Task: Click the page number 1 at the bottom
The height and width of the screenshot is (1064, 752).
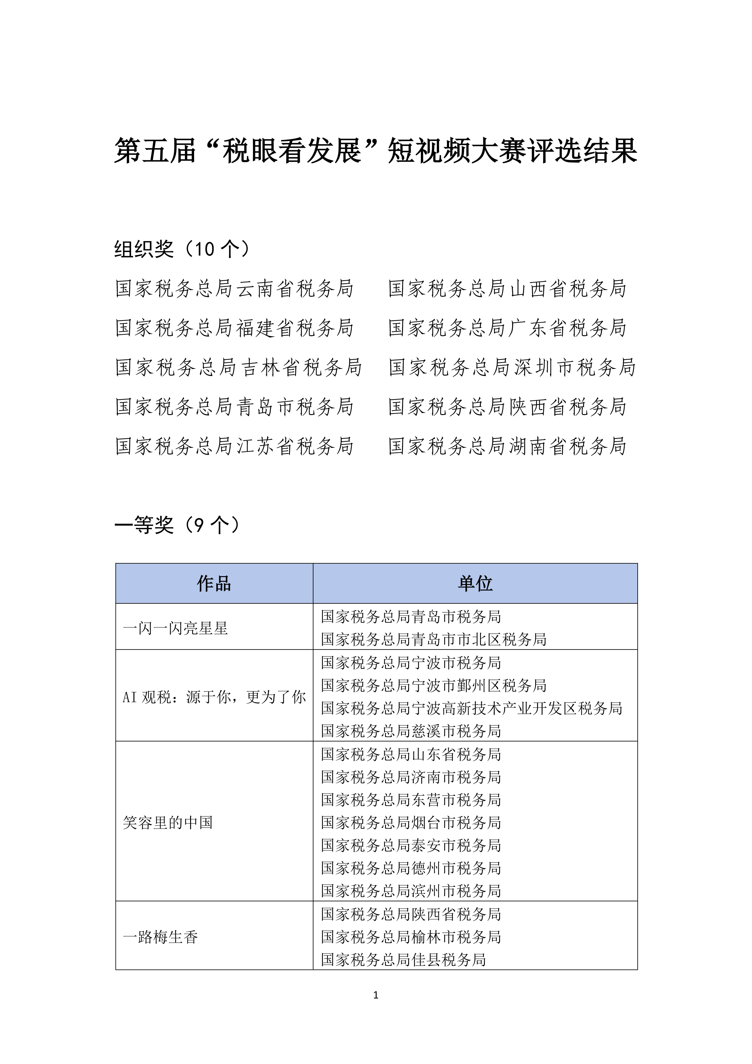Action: (x=375, y=995)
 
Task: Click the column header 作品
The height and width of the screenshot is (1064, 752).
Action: (x=214, y=583)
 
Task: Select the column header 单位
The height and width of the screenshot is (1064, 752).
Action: (x=475, y=583)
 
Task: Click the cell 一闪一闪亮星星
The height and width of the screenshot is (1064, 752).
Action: (x=176, y=628)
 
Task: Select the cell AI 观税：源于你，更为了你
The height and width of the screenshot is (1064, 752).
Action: (x=214, y=697)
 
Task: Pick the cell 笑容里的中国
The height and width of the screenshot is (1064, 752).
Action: (x=168, y=822)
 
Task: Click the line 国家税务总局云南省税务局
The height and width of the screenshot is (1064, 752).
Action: (x=234, y=288)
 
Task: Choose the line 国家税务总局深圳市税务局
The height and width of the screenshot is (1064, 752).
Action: (x=512, y=367)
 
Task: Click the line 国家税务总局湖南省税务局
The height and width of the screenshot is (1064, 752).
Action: (x=507, y=446)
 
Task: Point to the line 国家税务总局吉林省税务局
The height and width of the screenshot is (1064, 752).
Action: (x=238, y=367)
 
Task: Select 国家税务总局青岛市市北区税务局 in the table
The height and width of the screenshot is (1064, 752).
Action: (x=433, y=640)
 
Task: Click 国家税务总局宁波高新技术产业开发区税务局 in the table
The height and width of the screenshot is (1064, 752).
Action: (x=472, y=708)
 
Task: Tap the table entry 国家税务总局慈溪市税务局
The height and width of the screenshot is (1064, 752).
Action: (x=411, y=731)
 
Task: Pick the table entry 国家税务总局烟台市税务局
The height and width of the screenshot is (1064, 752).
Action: (x=411, y=822)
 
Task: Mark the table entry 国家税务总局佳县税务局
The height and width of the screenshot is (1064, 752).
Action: (x=403, y=960)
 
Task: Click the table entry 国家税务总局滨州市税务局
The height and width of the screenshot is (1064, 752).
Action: (x=411, y=891)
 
